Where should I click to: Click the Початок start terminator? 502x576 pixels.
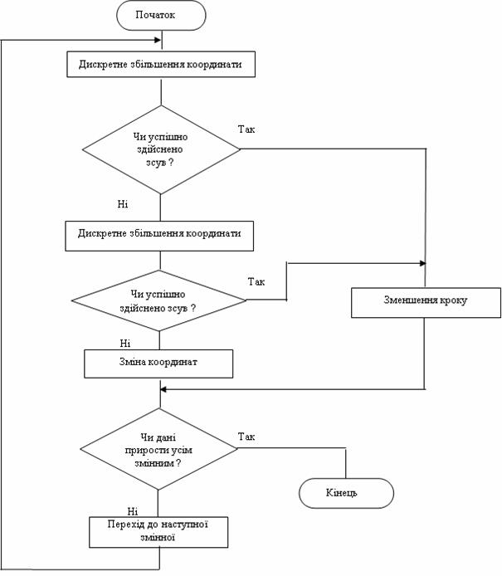161,15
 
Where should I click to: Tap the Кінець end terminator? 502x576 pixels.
346,493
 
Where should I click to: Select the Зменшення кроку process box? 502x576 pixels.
426,302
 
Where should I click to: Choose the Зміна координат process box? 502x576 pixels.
158,364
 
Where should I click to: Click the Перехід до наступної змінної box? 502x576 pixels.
158,532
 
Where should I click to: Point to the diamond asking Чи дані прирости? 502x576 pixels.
158,449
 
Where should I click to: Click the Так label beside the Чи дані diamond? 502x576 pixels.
246,437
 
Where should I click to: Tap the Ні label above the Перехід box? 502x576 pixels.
133,511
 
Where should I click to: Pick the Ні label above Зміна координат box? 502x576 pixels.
124,344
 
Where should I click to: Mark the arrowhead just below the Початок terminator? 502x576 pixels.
158,40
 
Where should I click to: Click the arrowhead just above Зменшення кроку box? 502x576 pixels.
422,263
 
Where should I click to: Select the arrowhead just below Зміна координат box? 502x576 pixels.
163,389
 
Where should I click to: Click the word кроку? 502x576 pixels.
454,300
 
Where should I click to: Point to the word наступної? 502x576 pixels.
184,525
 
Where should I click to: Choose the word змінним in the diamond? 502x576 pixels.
154,463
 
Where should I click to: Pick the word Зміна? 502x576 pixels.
130,362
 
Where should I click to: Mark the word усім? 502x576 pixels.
182,451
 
